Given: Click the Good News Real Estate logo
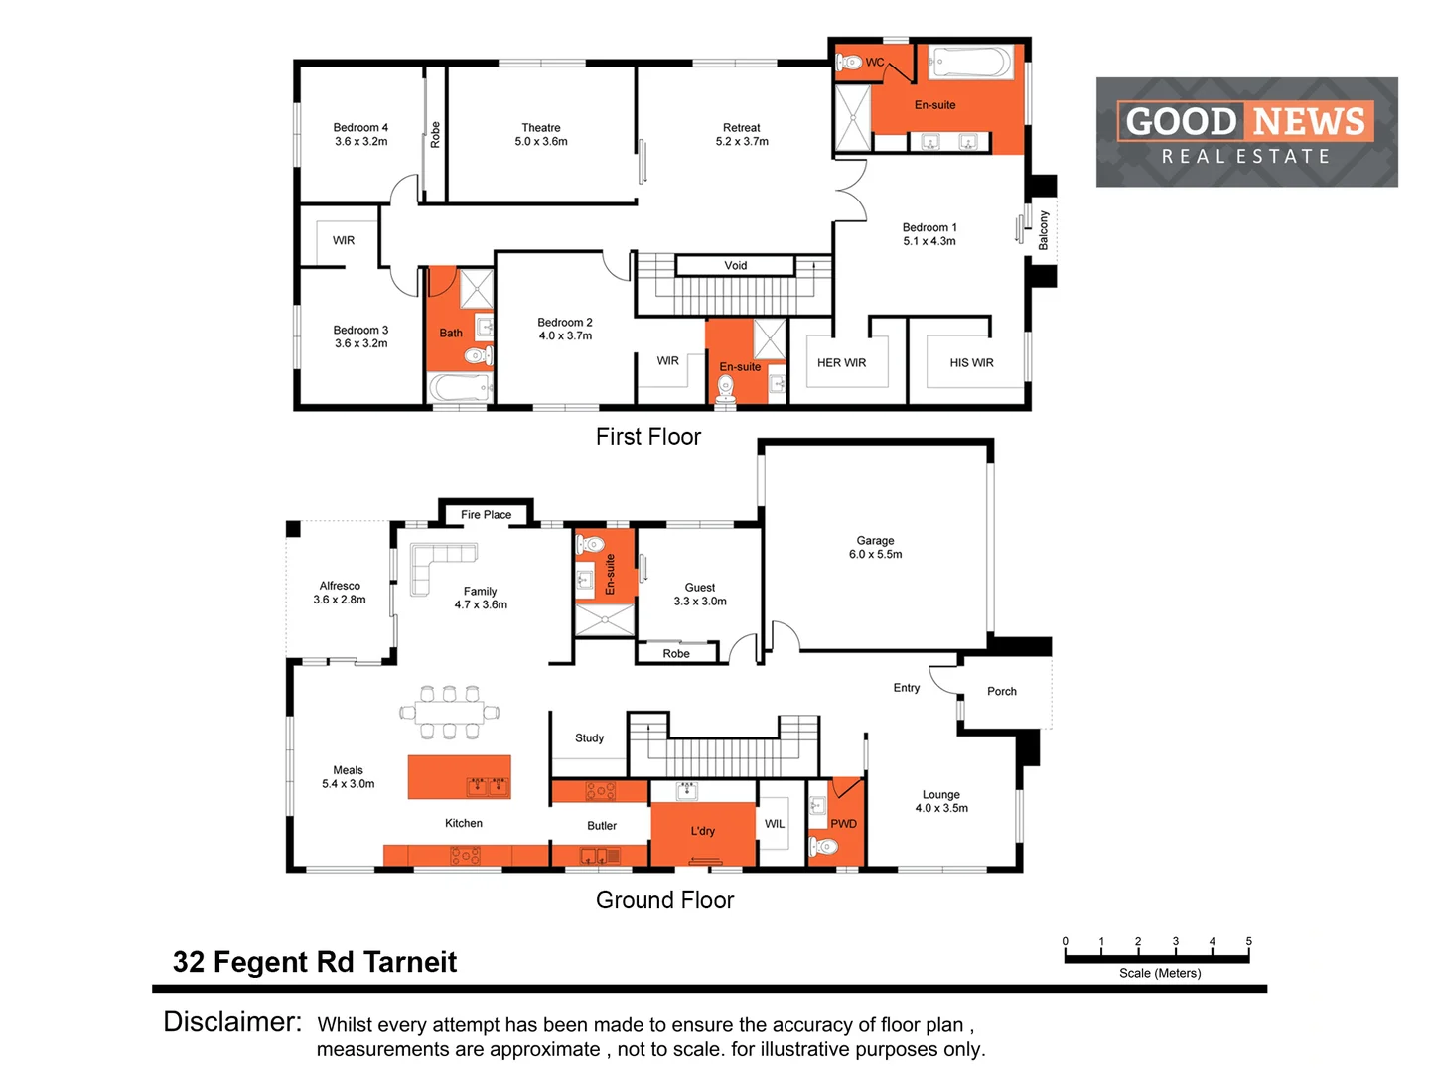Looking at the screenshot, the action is click(x=1246, y=132).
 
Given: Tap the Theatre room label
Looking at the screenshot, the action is click(x=541, y=128).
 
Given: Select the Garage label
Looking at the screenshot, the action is click(x=875, y=541).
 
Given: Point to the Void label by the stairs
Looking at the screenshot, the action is click(x=736, y=266).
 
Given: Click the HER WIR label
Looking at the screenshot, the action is click(x=841, y=363).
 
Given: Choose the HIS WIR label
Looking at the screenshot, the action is click(x=971, y=363).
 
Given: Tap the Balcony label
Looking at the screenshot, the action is click(x=1044, y=230).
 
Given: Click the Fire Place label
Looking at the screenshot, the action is click(x=486, y=515).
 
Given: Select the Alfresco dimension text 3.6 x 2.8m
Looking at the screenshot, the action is click(x=340, y=600).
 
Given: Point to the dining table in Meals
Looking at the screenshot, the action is click(x=449, y=712).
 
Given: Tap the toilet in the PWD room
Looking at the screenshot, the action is click(x=824, y=847).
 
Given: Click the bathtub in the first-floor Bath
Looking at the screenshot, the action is click(x=460, y=387).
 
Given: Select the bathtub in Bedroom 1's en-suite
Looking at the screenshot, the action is click(x=970, y=65).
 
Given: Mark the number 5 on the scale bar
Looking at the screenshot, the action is click(x=1248, y=941).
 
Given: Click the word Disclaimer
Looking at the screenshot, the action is click(x=232, y=1022).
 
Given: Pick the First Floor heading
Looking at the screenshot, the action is click(x=647, y=437).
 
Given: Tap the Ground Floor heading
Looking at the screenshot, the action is click(x=664, y=900).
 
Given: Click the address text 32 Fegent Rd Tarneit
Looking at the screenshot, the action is click(x=314, y=962).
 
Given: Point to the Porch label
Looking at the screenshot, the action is click(x=1001, y=692).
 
